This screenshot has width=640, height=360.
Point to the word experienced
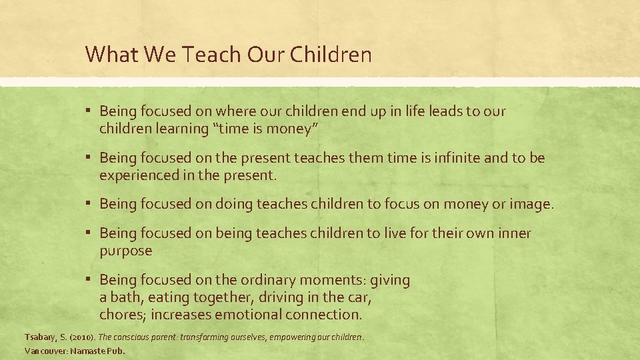coord(138,175)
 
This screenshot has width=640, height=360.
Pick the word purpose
coord(125,251)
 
